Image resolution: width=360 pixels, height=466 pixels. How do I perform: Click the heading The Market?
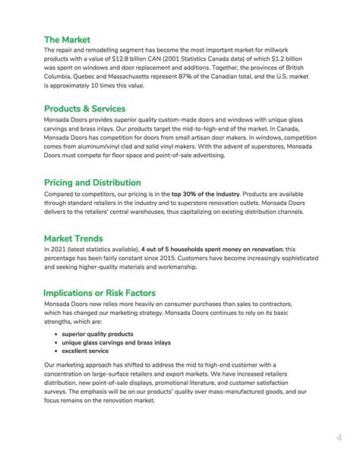67,39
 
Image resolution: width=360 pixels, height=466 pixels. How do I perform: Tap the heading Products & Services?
84,109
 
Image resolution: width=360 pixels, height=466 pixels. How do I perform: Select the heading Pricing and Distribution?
92,182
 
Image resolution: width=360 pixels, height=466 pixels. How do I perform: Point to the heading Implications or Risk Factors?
99,293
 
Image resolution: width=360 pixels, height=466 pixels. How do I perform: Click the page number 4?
339,437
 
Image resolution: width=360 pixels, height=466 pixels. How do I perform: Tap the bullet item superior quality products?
97,333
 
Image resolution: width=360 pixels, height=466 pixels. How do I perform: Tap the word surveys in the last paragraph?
56,392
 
